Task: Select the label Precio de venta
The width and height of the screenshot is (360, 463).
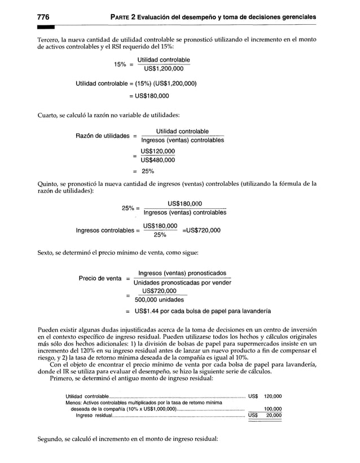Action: (100, 278)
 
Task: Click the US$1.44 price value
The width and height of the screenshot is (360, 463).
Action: (149, 311)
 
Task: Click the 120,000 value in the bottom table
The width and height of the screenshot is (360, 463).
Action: (273, 396)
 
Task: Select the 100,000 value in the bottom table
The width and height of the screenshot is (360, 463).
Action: (273, 409)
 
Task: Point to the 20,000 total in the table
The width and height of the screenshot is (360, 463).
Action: (274, 416)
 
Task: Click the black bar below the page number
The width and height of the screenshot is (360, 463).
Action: (45, 26)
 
